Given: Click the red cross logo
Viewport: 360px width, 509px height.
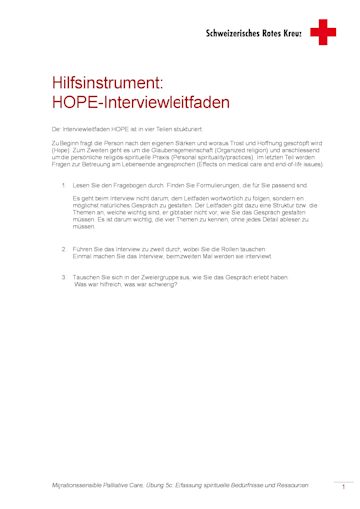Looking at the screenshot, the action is pyautogui.click(x=324, y=33).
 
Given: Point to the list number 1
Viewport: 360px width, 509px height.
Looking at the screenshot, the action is pyautogui.click(x=64, y=185).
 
